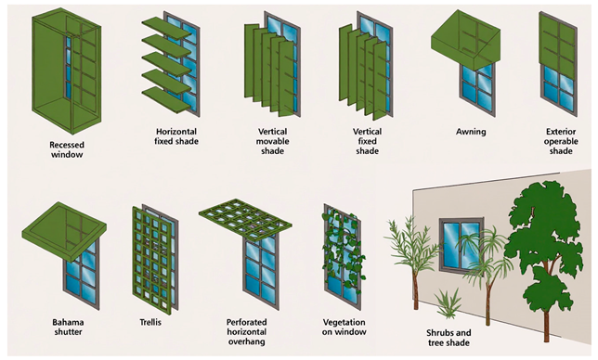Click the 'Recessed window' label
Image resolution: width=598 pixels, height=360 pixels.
pyautogui.click(x=67, y=149)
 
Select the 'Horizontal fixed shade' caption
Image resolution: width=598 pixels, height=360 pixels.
pyautogui.click(x=176, y=136)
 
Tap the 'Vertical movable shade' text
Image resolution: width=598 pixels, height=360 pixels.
pyautogui.click(x=272, y=141)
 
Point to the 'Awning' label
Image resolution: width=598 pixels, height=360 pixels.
pyautogui.click(x=471, y=132)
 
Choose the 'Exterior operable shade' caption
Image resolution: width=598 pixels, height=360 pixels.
pyautogui.click(x=561, y=141)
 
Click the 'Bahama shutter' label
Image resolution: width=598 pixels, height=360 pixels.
pyautogui.click(x=68, y=327)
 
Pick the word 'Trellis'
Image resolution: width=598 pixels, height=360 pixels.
pyautogui.click(x=150, y=322)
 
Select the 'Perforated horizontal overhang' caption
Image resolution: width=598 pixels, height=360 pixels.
pyautogui.click(x=246, y=332)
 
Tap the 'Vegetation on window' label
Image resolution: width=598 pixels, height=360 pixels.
pyautogui.click(x=344, y=327)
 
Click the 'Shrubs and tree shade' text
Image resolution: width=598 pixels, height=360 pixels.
pyautogui.click(x=448, y=338)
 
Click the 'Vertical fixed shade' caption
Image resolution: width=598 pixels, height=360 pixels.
pyautogui.click(x=367, y=141)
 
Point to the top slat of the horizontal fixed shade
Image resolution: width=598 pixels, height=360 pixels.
pyautogui.click(x=166, y=28)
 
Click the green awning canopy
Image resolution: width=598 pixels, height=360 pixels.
pyautogui.click(x=465, y=41)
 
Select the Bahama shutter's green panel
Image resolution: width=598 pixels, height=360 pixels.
pyautogui.click(x=64, y=231)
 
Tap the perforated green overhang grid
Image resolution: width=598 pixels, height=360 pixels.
pyautogui.click(x=245, y=219)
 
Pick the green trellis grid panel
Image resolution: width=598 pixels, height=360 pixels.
pyautogui.click(x=152, y=258)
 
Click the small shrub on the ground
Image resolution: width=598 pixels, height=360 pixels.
pyautogui.click(x=448, y=303)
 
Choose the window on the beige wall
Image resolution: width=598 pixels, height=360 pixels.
pyautogui.click(x=461, y=244)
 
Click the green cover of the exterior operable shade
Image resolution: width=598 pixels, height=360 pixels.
pyautogui.click(x=557, y=45)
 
